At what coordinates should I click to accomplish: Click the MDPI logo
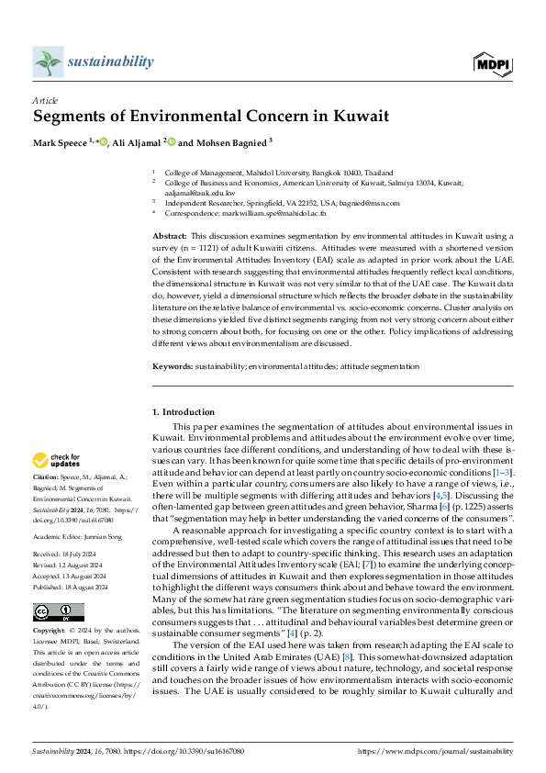click(x=492, y=62)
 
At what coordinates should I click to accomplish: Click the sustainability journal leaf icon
click(x=47, y=62)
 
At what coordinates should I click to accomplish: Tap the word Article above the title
click(x=45, y=100)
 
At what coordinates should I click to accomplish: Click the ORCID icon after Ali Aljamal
click(x=172, y=141)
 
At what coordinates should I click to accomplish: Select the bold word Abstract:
click(x=170, y=237)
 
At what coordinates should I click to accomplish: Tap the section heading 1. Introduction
click(x=184, y=412)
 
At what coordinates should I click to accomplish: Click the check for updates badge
click(x=58, y=460)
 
